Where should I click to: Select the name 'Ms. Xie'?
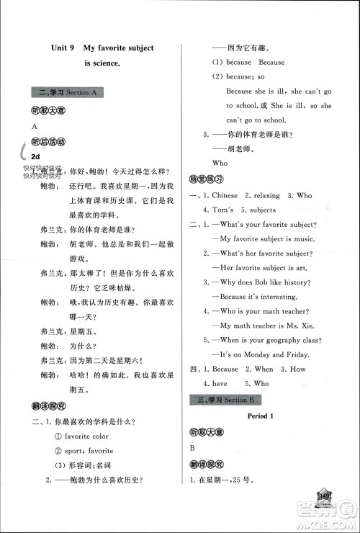pyautogui.click(x=307, y=326)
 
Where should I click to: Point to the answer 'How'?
pyautogui.click(x=297, y=369)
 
